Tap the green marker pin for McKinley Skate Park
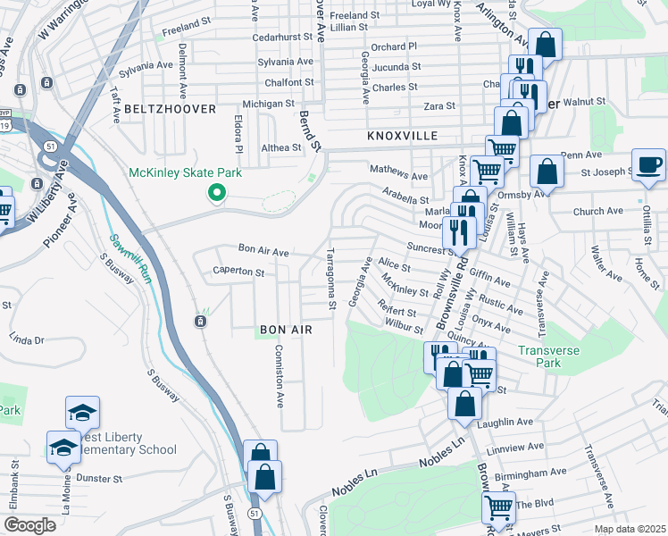click(215, 192)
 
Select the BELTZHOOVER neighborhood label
click(171, 109)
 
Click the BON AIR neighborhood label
click(286, 330)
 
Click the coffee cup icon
click(648, 164)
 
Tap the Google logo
click(29, 525)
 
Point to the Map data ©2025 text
click(629, 529)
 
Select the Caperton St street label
click(238, 272)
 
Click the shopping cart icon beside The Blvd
click(498, 507)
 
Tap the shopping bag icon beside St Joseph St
click(547, 171)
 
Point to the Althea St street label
click(281, 147)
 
